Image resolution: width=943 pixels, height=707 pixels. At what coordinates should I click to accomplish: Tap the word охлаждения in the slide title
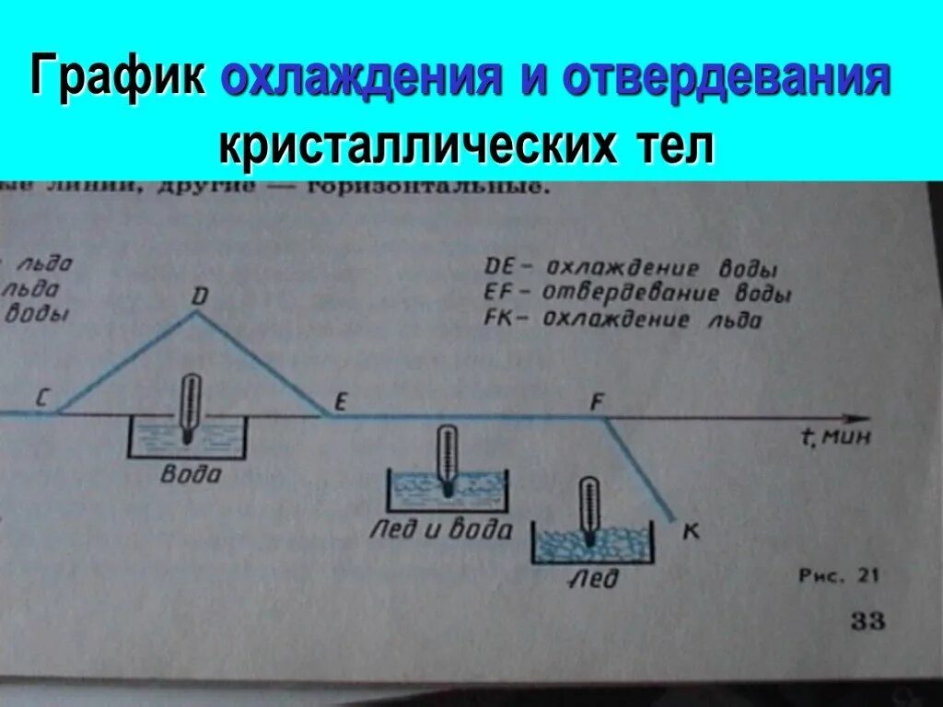359,81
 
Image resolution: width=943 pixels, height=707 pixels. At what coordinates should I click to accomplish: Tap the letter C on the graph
42,398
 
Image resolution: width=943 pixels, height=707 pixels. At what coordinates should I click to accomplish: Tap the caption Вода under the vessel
190,475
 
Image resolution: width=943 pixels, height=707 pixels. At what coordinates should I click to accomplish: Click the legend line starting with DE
630,270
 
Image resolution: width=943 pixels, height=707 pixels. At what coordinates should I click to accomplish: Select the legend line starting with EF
636,295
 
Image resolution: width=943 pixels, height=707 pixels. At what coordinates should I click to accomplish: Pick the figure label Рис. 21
839,576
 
